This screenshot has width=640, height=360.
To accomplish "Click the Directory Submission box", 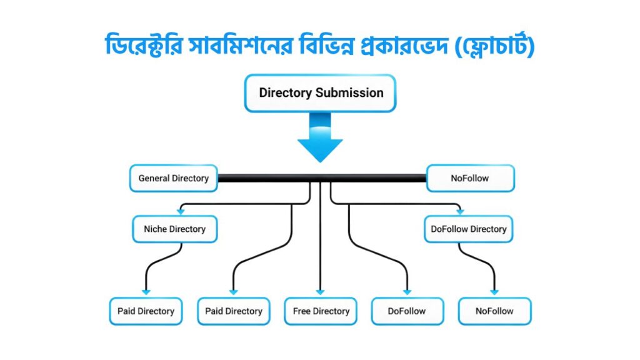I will click(320, 93).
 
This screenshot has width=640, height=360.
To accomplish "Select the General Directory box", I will click(173, 178).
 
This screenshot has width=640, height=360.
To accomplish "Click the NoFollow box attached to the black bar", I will click(470, 178).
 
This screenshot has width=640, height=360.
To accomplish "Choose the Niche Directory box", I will click(174, 229).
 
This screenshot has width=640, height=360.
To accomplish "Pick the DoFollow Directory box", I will click(468, 229).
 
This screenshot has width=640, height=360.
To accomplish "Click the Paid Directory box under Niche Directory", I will click(146, 311).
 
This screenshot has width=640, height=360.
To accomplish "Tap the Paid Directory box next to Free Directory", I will click(234, 311).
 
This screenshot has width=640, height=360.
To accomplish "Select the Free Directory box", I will click(321, 311).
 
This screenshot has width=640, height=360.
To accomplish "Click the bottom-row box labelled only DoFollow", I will click(407, 311).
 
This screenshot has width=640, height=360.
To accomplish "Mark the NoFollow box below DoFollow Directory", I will click(494, 311).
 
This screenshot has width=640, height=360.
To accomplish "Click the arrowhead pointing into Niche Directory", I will click(181, 212).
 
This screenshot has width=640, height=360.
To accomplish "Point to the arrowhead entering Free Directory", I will click(320, 292).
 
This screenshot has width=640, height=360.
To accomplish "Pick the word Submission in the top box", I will click(349, 93).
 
